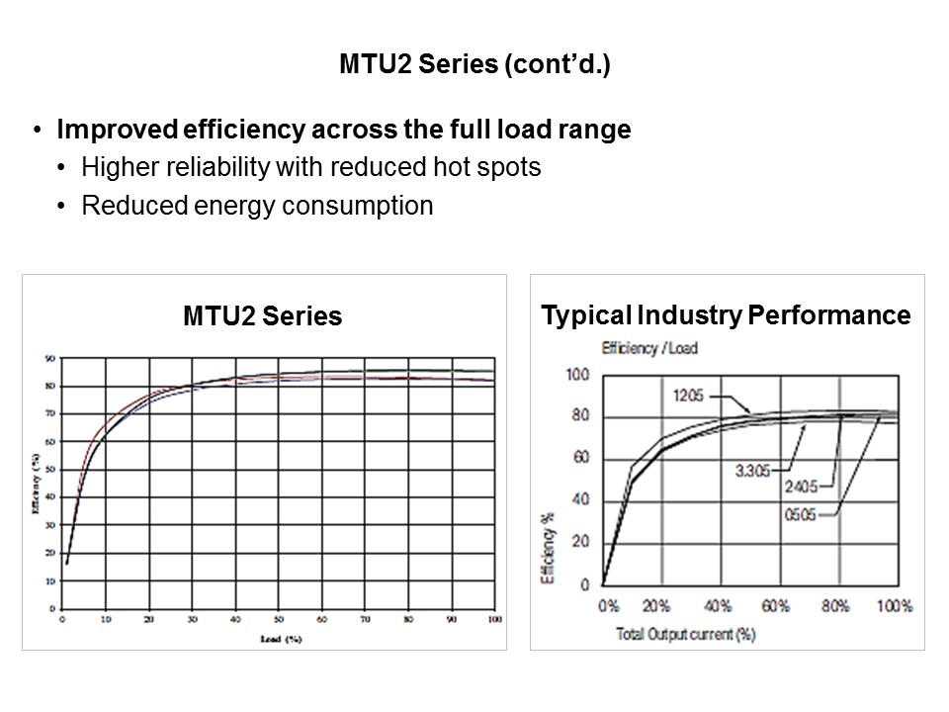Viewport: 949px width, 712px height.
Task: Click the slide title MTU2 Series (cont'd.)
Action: (x=474, y=66)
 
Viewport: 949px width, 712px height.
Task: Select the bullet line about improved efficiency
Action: (x=344, y=131)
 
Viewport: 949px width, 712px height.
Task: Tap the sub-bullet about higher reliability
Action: (x=311, y=167)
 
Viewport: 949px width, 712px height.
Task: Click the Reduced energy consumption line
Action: (x=257, y=206)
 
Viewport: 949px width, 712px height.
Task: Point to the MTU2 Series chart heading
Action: (x=262, y=316)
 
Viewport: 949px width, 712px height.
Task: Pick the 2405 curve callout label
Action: (x=803, y=488)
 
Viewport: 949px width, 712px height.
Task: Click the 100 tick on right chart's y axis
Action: (x=576, y=375)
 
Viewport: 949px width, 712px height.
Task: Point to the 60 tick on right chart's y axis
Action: (x=579, y=458)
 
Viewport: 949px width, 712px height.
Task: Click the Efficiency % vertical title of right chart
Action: (x=550, y=546)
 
